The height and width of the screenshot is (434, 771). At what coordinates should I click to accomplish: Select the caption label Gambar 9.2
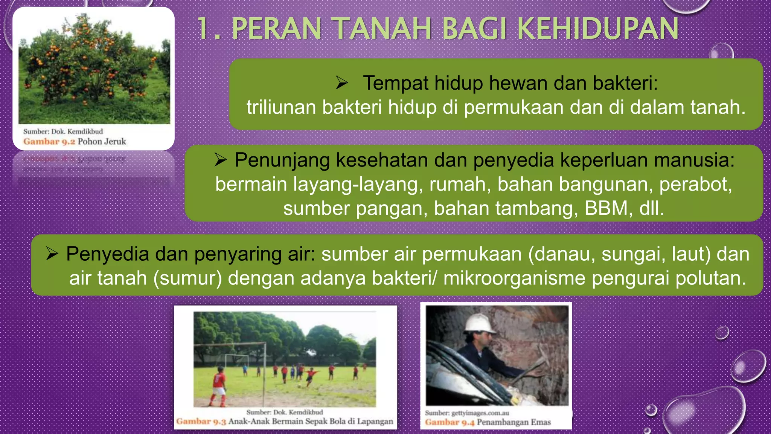49,142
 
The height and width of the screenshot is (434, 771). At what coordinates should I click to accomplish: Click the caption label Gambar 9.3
201,421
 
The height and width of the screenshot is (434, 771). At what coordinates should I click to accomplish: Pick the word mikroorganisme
514,278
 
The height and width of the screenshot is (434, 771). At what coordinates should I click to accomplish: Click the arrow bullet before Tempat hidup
342,83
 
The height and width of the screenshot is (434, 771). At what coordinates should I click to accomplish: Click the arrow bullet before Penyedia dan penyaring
52,254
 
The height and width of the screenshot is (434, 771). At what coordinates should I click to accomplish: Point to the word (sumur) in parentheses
187,278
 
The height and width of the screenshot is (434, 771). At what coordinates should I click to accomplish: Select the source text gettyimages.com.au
480,413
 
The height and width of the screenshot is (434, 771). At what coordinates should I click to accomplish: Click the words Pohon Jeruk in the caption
102,142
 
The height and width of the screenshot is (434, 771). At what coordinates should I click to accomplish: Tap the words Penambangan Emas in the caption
514,422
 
